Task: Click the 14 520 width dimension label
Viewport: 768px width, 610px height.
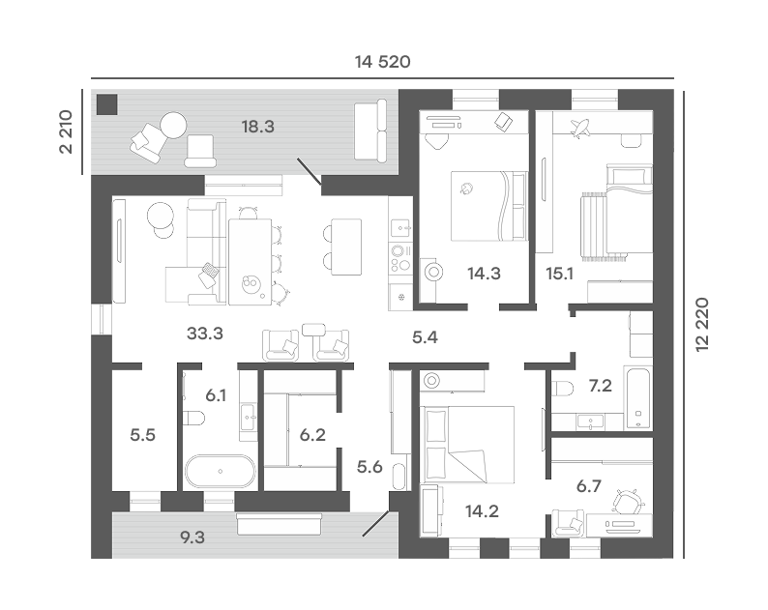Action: point(382,62)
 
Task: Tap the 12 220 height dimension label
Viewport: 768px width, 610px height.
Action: point(702,324)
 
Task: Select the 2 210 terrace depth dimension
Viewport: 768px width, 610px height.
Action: point(66,131)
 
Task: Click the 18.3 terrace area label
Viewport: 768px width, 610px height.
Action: point(257,127)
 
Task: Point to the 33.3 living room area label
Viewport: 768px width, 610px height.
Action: point(205,334)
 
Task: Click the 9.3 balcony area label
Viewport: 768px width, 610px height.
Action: point(192,537)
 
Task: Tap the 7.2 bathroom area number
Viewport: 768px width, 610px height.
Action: point(601,386)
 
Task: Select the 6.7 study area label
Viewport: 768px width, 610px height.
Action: point(589,486)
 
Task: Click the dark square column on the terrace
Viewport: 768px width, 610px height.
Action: point(106,104)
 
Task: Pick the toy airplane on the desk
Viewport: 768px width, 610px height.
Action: point(580,128)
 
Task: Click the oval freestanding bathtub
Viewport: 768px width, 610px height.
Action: point(220,472)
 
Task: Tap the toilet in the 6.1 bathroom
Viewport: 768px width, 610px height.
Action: point(194,419)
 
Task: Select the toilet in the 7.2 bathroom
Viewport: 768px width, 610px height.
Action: point(563,389)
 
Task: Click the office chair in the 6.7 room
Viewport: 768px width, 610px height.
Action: point(629,503)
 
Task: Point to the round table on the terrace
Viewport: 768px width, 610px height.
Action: point(173,126)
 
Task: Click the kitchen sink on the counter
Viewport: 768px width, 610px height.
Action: point(401,227)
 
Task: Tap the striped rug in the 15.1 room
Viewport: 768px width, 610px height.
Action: point(594,224)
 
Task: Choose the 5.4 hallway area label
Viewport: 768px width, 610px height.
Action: point(425,337)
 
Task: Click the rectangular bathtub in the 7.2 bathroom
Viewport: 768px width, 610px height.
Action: point(637,397)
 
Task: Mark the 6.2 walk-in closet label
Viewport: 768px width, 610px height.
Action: point(312,435)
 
